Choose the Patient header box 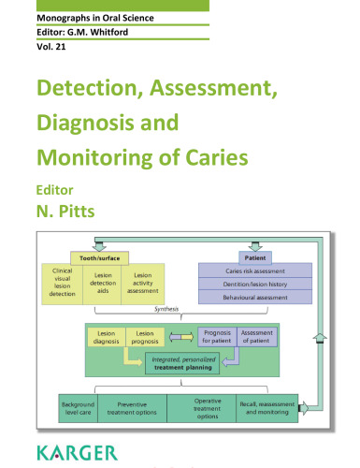[252, 256]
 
